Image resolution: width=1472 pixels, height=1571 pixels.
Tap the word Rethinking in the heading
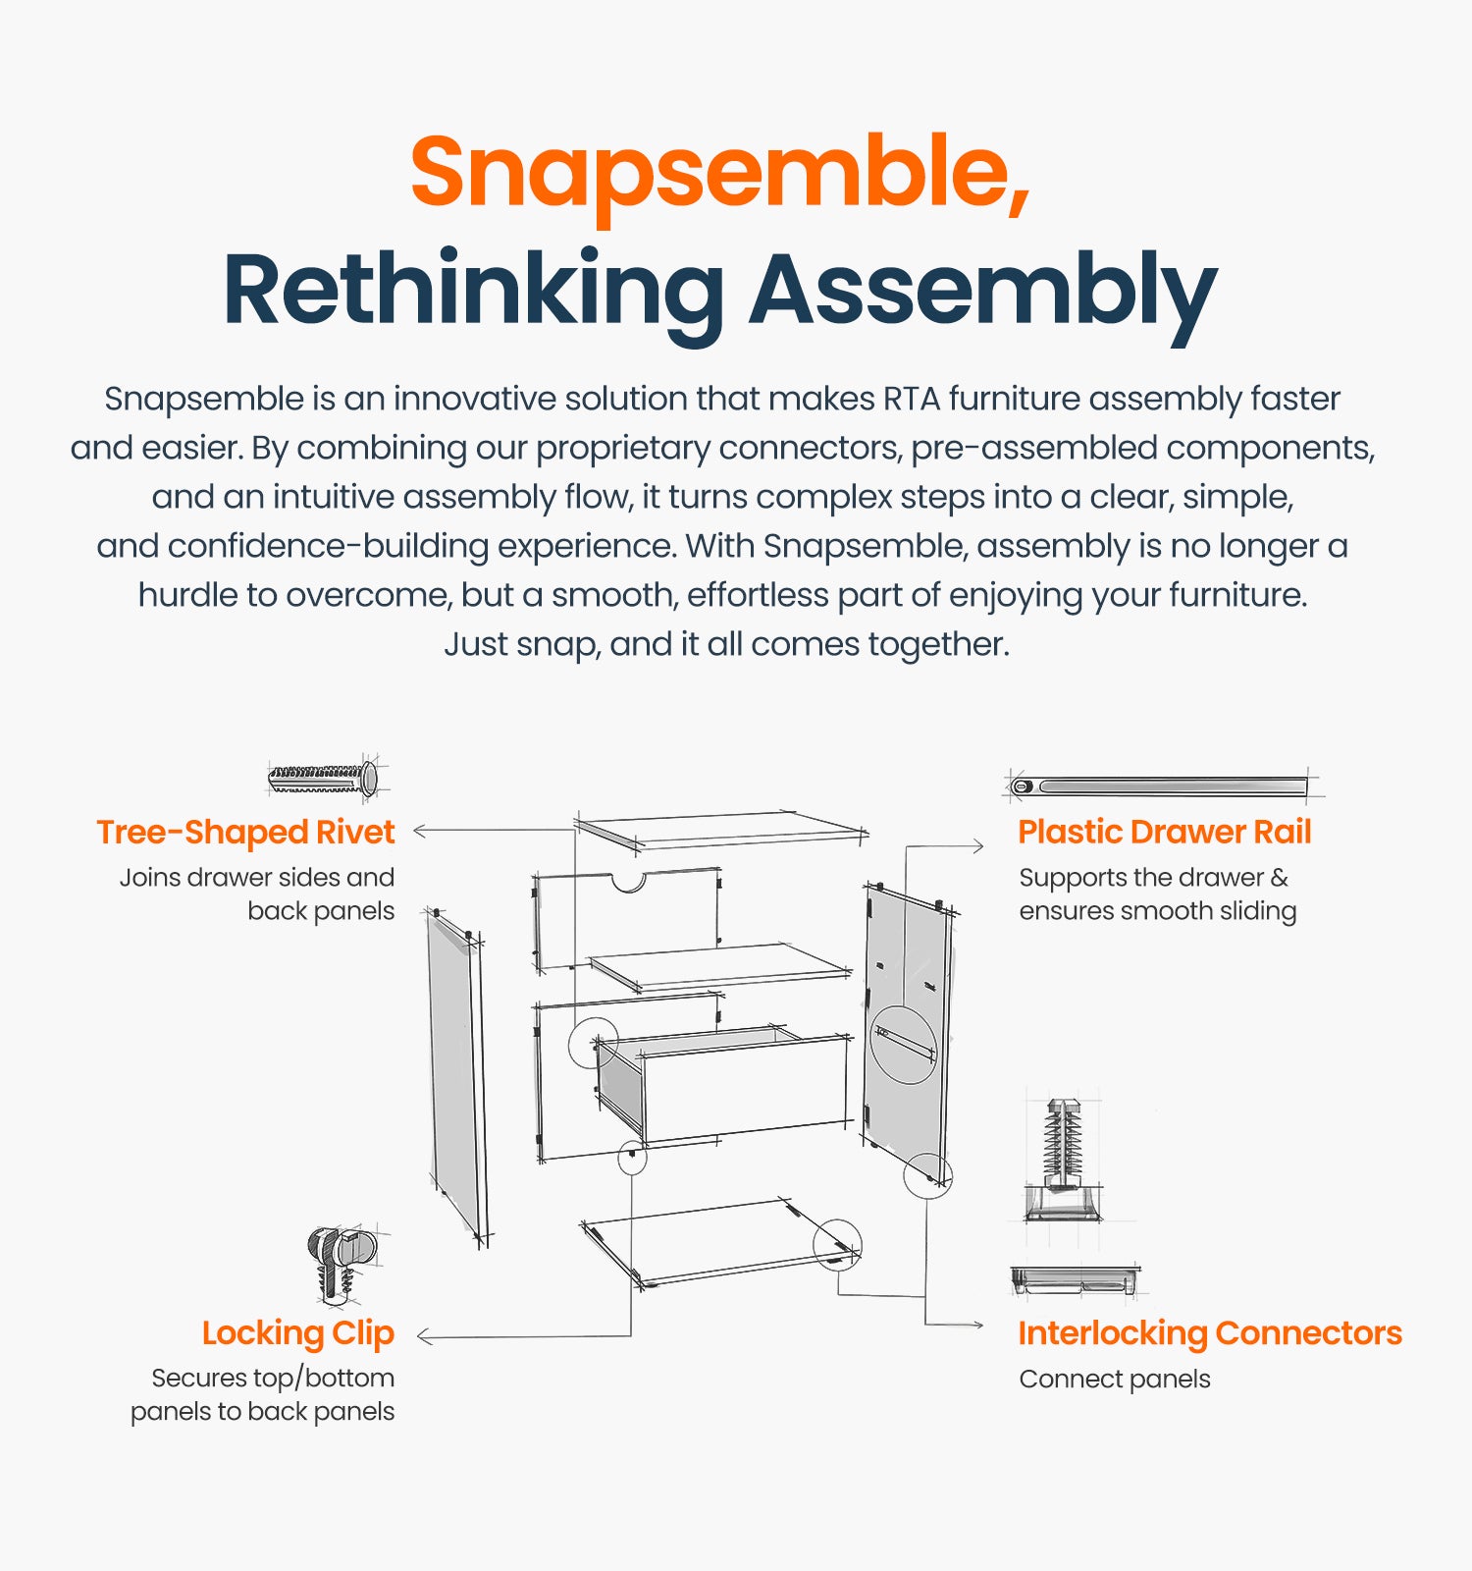[x=473, y=290]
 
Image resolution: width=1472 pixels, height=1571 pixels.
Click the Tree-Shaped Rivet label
[x=245, y=833]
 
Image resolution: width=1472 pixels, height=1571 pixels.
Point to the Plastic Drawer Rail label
[x=1165, y=832]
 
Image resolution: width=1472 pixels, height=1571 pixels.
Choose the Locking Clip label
[x=298, y=1333]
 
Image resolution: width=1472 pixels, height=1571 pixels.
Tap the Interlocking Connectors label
[x=1210, y=1333]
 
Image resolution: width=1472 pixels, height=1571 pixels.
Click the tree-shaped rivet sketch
[x=323, y=779]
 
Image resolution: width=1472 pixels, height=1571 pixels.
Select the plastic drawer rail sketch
[x=1163, y=786]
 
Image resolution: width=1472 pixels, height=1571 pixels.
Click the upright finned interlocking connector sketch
[x=1063, y=1159]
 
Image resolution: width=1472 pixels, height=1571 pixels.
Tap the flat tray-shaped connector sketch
[x=1076, y=1279]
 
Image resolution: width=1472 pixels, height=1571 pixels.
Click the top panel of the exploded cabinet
[x=721, y=830]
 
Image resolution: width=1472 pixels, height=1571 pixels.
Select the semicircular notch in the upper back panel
[x=628, y=881]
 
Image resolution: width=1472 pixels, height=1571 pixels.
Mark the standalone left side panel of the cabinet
[x=456, y=1075]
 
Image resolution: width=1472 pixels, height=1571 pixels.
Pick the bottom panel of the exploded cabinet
[x=721, y=1242]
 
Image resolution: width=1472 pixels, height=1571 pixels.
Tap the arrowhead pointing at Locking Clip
[x=423, y=1336]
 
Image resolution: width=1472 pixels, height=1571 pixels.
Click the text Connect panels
[x=1115, y=1380]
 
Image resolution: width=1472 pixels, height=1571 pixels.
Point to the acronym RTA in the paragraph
[x=912, y=400]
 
